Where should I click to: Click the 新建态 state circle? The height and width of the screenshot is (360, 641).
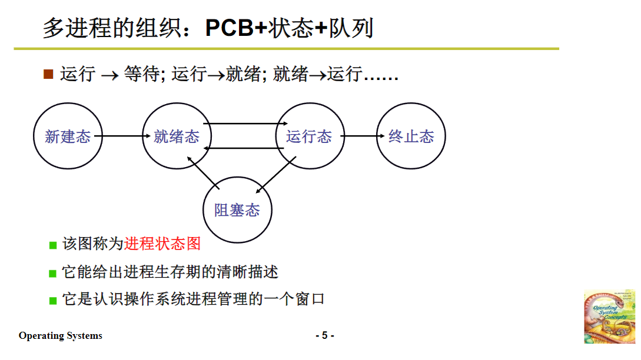[68, 136]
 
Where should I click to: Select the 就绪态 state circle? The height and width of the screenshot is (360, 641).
[177, 136]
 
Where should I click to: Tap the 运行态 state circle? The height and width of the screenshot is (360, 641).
[310, 136]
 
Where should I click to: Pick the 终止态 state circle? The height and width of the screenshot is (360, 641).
[411, 136]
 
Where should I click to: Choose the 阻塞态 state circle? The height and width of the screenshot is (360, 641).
[237, 209]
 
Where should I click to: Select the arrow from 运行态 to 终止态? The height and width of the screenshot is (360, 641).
[359, 136]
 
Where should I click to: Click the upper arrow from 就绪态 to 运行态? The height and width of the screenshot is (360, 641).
[244, 124]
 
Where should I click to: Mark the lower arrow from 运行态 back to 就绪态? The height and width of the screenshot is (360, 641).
[244, 148]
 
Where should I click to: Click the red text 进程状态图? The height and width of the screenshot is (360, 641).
[162, 244]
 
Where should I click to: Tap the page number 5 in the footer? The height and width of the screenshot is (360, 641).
[324, 336]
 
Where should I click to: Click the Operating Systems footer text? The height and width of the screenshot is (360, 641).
[60, 336]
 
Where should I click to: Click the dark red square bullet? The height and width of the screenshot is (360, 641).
[48, 74]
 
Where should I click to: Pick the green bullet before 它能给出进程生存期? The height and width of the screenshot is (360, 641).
[53, 273]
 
